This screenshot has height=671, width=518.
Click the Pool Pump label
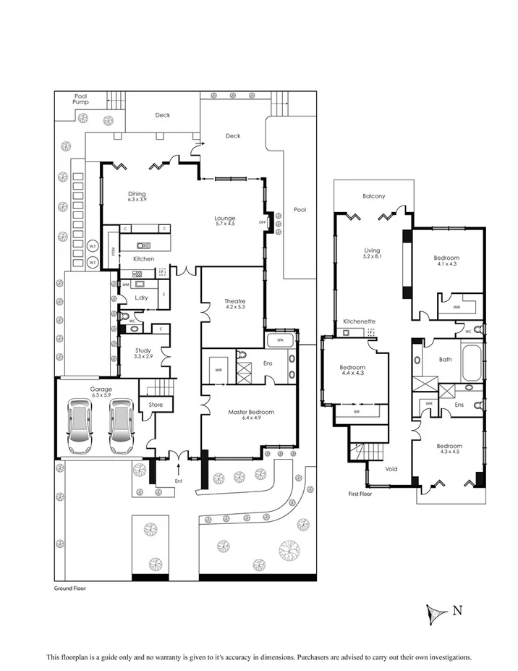click(x=79, y=99)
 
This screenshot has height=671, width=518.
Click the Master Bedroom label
click(x=251, y=413)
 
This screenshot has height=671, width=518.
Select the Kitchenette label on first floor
click(x=358, y=321)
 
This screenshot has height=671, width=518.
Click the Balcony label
click(x=373, y=196)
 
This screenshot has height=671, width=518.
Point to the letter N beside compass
click(x=457, y=609)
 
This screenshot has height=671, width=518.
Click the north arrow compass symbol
click(x=436, y=612)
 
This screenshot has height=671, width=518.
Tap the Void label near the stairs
click(x=391, y=469)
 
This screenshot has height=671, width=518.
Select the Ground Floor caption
click(x=70, y=588)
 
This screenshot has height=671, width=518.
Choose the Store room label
click(x=156, y=405)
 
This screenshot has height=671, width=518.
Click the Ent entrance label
click(x=179, y=481)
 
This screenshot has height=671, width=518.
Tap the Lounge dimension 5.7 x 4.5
click(x=226, y=224)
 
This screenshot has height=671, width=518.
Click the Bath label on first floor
click(x=446, y=359)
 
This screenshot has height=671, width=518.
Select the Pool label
click(x=300, y=210)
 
